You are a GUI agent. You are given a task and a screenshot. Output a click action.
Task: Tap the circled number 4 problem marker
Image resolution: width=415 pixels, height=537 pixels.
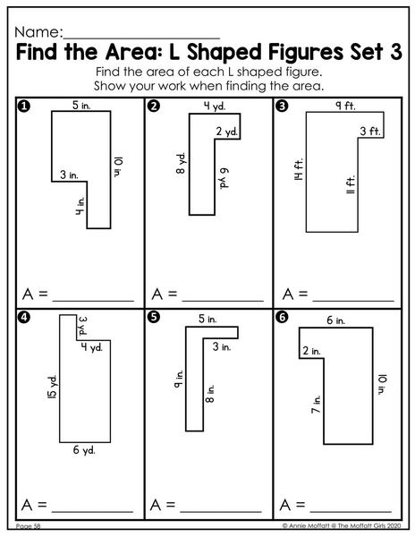[23, 318]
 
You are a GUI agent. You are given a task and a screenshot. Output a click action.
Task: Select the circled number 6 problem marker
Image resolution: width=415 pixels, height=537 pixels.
[282, 318]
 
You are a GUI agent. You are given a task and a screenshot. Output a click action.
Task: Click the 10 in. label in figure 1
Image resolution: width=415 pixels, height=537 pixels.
[118, 166]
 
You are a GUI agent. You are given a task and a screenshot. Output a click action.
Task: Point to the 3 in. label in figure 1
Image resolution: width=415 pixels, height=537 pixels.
[69, 175]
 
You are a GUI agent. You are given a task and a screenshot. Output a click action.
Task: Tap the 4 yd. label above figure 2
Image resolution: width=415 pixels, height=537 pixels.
[215, 107]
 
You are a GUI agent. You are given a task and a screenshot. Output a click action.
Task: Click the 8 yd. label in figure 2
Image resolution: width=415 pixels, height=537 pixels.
[182, 163]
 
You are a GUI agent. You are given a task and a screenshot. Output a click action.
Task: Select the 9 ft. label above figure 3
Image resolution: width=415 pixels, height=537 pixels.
[345, 106]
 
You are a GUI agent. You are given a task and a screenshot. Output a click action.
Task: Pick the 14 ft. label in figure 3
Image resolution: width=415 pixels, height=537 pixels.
[299, 169]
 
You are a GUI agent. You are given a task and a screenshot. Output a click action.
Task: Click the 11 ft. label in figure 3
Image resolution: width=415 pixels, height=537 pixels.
[351, 184]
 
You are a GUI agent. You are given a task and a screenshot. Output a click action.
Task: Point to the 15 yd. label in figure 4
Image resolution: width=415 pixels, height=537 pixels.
[53, 387]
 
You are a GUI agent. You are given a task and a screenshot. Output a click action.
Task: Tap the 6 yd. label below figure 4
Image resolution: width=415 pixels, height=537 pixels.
[84, 449]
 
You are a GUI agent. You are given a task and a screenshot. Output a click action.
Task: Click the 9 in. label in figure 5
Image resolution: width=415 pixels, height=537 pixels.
[179, 379]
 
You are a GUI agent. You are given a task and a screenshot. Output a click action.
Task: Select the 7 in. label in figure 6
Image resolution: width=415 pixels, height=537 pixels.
[316, 405]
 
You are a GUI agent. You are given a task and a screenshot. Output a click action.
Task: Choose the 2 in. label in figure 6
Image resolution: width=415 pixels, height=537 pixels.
[311, 351]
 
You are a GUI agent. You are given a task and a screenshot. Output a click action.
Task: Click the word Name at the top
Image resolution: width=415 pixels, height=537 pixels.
[37, 32]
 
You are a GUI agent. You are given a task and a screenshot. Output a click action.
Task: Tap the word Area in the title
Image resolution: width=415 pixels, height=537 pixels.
[131, 52]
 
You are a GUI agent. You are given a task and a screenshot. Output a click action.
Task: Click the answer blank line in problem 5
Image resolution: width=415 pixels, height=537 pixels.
[221, 512]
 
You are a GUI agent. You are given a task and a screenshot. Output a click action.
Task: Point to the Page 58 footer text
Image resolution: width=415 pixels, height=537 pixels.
[28, 526]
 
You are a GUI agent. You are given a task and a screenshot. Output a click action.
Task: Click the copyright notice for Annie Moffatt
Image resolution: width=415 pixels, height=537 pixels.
[341, 525]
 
